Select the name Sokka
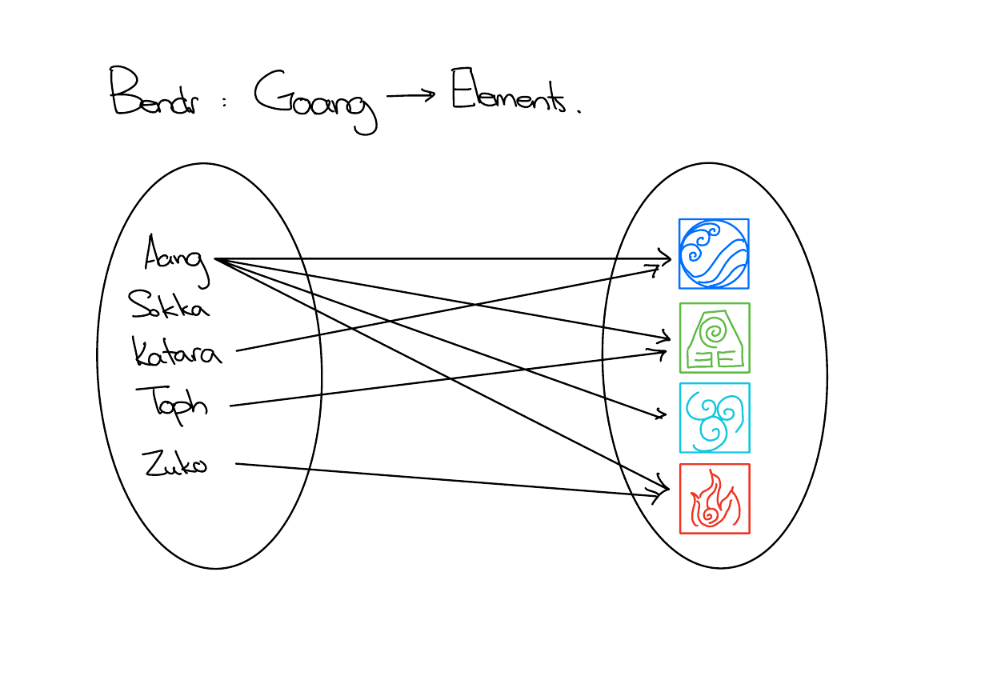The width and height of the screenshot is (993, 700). tap(168, 304)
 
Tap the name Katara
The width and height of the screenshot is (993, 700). tap(176, 352)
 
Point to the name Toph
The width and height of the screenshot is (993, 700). tap(173, 402)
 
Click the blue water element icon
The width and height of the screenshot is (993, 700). tap(714, 254)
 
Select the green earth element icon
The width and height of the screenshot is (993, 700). tap(715, 338)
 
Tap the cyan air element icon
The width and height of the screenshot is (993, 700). tap(715, 418)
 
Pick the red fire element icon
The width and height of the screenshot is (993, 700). tap(715, 498)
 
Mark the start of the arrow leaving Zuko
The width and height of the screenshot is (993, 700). tap(237, 464)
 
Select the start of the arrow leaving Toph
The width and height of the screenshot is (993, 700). tap(231, 406)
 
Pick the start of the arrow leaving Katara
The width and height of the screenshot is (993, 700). tap(238, 350)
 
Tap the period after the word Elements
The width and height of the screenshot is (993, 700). tap(577, 111)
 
